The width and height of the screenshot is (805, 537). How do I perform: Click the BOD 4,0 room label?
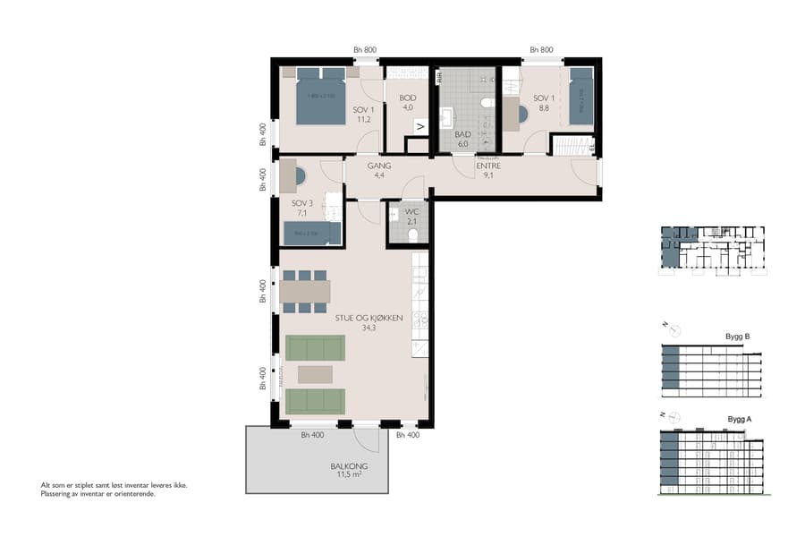pyautogui.click(x=407, y=103)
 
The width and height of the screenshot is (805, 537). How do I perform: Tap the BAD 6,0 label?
pyautogui.click(x=462, y=138)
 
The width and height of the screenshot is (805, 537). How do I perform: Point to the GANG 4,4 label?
pyautogui.click(x=379, y=170)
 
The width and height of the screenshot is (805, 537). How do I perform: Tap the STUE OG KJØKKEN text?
pyautogui.click(x=369, y=322)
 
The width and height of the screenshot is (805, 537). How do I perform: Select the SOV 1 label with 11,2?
pyautogui.click(x=363, y=114)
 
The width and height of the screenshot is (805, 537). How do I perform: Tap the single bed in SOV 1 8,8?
pyautogui.click(x=580, y=96)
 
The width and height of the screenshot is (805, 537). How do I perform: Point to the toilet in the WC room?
pyautogui.click(x=412, y=235)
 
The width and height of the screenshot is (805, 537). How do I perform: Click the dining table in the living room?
pyautogui.click(x=305, y=292)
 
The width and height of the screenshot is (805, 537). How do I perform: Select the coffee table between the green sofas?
pyautogui.click(x=315, y=374)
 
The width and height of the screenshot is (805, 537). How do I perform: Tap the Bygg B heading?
pyautogui.click(x=738, y=337)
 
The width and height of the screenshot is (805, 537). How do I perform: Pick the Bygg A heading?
pyautogui.click(x=738, y=419)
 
